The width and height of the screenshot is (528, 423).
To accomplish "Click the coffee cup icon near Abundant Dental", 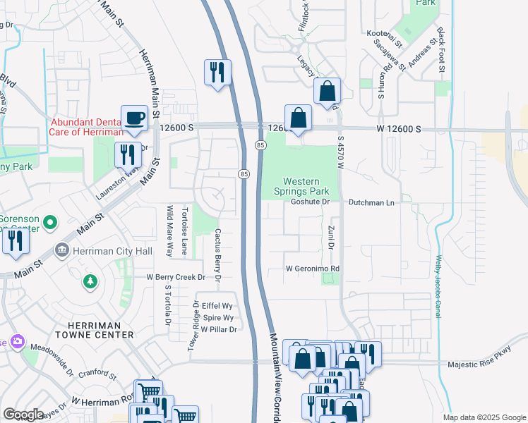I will click(x=134, y=118).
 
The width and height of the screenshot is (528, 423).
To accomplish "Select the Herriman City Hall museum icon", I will click(x=61, y=250).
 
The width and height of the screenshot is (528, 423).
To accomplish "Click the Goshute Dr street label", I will click(x=311, y=202).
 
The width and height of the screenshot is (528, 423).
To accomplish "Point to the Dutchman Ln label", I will click(x=371, y=202).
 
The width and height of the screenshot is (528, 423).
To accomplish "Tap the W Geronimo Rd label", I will click(x=313, y=269).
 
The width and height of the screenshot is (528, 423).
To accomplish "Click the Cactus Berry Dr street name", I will click(x=218, y=257).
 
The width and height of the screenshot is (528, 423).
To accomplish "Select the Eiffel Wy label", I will click(x=217, y=305).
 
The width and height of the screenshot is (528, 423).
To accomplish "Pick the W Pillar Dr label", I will click(x=218, y=329).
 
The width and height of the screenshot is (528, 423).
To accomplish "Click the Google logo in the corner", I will click(x=23, y=415).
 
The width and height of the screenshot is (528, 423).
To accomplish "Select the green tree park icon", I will click(x=90, y=282).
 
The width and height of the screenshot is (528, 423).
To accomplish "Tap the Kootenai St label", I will click(x=384, y=33).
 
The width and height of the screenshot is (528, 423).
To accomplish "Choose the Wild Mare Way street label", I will click(x=169, y=230).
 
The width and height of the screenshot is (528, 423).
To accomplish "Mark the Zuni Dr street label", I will click(x=330, y=238).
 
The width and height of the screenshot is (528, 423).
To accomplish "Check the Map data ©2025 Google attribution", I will click(x=484, y=417).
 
